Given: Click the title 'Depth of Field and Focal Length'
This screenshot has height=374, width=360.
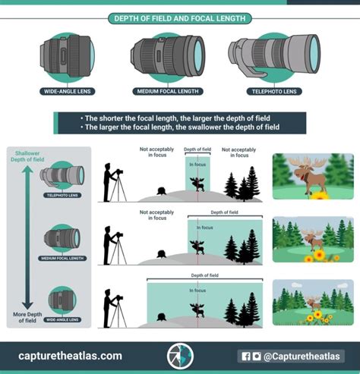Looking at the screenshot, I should point(180,17).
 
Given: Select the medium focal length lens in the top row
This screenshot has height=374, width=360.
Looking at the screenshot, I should point(167,55).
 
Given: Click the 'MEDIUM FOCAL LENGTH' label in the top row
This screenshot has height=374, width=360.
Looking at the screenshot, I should point(167,91).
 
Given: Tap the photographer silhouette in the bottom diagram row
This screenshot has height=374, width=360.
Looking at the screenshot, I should point(112,307).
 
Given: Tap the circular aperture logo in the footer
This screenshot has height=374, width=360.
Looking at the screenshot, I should point(180,355).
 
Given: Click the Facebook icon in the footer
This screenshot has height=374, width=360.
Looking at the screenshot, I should point(245,355).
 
